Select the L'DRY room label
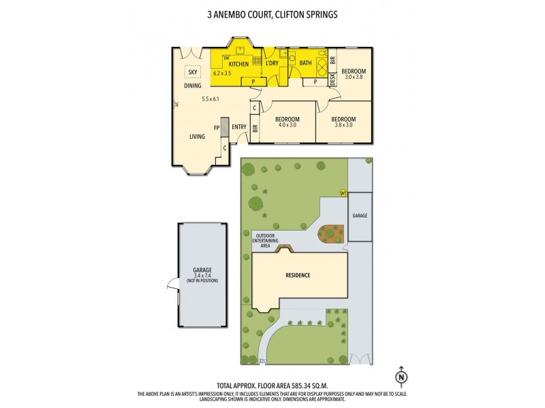[272, 64]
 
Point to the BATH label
[306, 64]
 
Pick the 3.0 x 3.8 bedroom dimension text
[354, 78]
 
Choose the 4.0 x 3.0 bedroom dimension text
[286, 125]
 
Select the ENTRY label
[238, 127]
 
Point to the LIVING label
[197, 137]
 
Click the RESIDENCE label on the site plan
[297, 275]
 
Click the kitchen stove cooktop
[257, 61]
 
